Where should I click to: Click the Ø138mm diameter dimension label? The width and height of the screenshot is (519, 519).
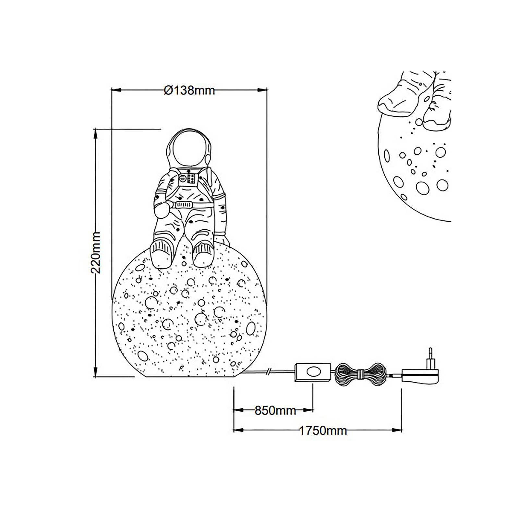pos(189,90)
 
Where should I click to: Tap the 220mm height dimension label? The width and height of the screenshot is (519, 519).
pos(96,252)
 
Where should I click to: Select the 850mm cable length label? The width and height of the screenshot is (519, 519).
pos(275,410)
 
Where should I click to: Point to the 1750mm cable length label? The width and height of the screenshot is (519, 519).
pos(322,431)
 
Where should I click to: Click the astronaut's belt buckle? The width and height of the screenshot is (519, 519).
pos(184,205)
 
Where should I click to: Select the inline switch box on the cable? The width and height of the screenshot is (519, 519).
pos(312,372)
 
